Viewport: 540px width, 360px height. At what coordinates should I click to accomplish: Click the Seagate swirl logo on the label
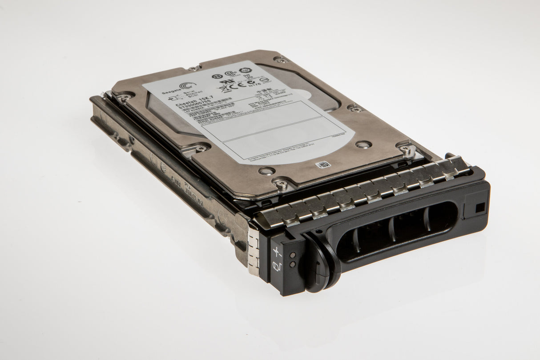coord(188,86)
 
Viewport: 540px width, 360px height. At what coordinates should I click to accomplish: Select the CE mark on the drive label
coord(239,84)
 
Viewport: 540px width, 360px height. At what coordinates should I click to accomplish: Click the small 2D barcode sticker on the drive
coord(323,165)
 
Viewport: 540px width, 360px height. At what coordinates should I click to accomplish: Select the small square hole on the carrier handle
coord(480,207)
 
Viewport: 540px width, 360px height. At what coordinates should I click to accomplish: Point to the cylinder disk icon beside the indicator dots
coord(277,266)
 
